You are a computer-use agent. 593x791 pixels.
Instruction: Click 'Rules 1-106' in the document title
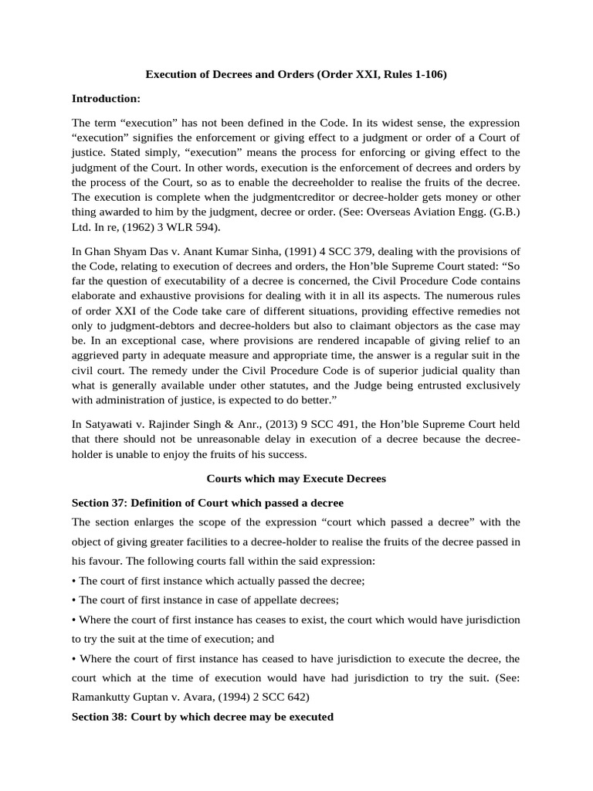417,75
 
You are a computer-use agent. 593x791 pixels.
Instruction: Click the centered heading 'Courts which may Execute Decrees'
296,479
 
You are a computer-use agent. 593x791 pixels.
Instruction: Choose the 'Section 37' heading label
98,503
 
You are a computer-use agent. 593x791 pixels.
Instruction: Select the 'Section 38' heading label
98,717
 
